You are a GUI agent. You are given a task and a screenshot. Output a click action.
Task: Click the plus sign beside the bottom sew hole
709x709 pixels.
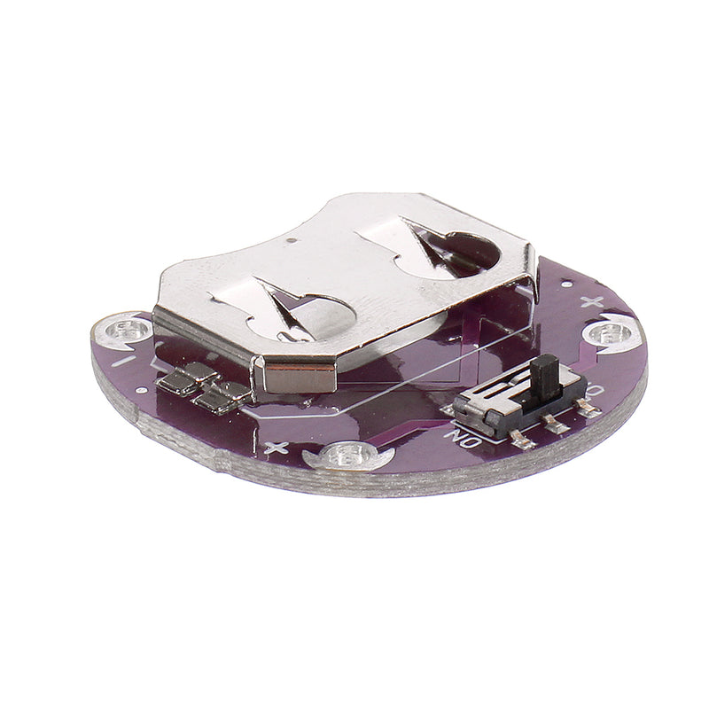pyautogui.click(x=277, y=448)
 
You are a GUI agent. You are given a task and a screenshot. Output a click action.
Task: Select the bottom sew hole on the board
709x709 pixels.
pyautogui.click(x=347, y=457)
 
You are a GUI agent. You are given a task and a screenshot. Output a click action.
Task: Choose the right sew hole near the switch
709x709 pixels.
pyautogui.click(x=611, y=333)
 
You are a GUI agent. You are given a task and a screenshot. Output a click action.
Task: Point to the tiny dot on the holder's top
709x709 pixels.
pyautogui.click(x=292, y=239)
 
